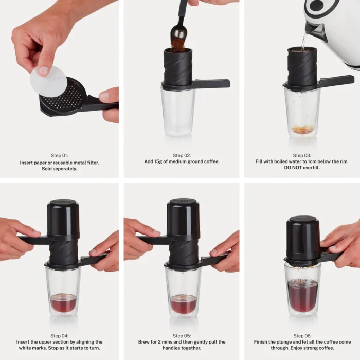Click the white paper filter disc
click(x=48, y=81)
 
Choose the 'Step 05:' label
click(x=182, y=335)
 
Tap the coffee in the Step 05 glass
click(x=183, y=304)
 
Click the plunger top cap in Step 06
click(x=302, y=219)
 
